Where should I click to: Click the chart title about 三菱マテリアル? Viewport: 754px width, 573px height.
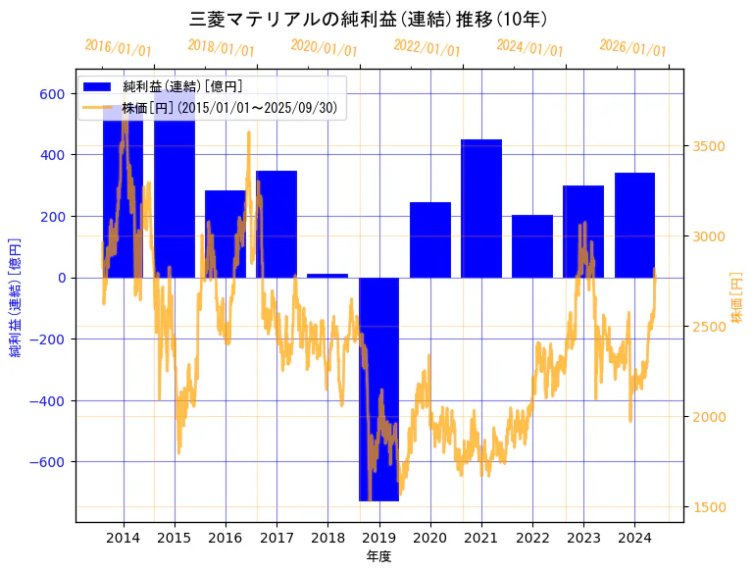pos(368,19)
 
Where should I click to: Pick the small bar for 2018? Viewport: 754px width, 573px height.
pos(327,276)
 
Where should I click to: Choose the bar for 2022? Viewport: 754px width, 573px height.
pos(532,246)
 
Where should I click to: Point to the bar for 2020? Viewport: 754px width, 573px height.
pos(429,239)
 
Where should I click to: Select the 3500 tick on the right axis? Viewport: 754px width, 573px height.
pos(708,147)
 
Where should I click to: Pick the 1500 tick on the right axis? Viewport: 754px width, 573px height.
pos(708,507)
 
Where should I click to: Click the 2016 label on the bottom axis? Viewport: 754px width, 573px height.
pos(226,538)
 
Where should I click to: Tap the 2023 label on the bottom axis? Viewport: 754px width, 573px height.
pos(583,538)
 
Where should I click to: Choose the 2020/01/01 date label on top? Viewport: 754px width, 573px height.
pos(325,47)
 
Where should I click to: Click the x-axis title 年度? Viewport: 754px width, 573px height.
pos(377,556)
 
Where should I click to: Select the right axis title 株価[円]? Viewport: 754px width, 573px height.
pos(737,296)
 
